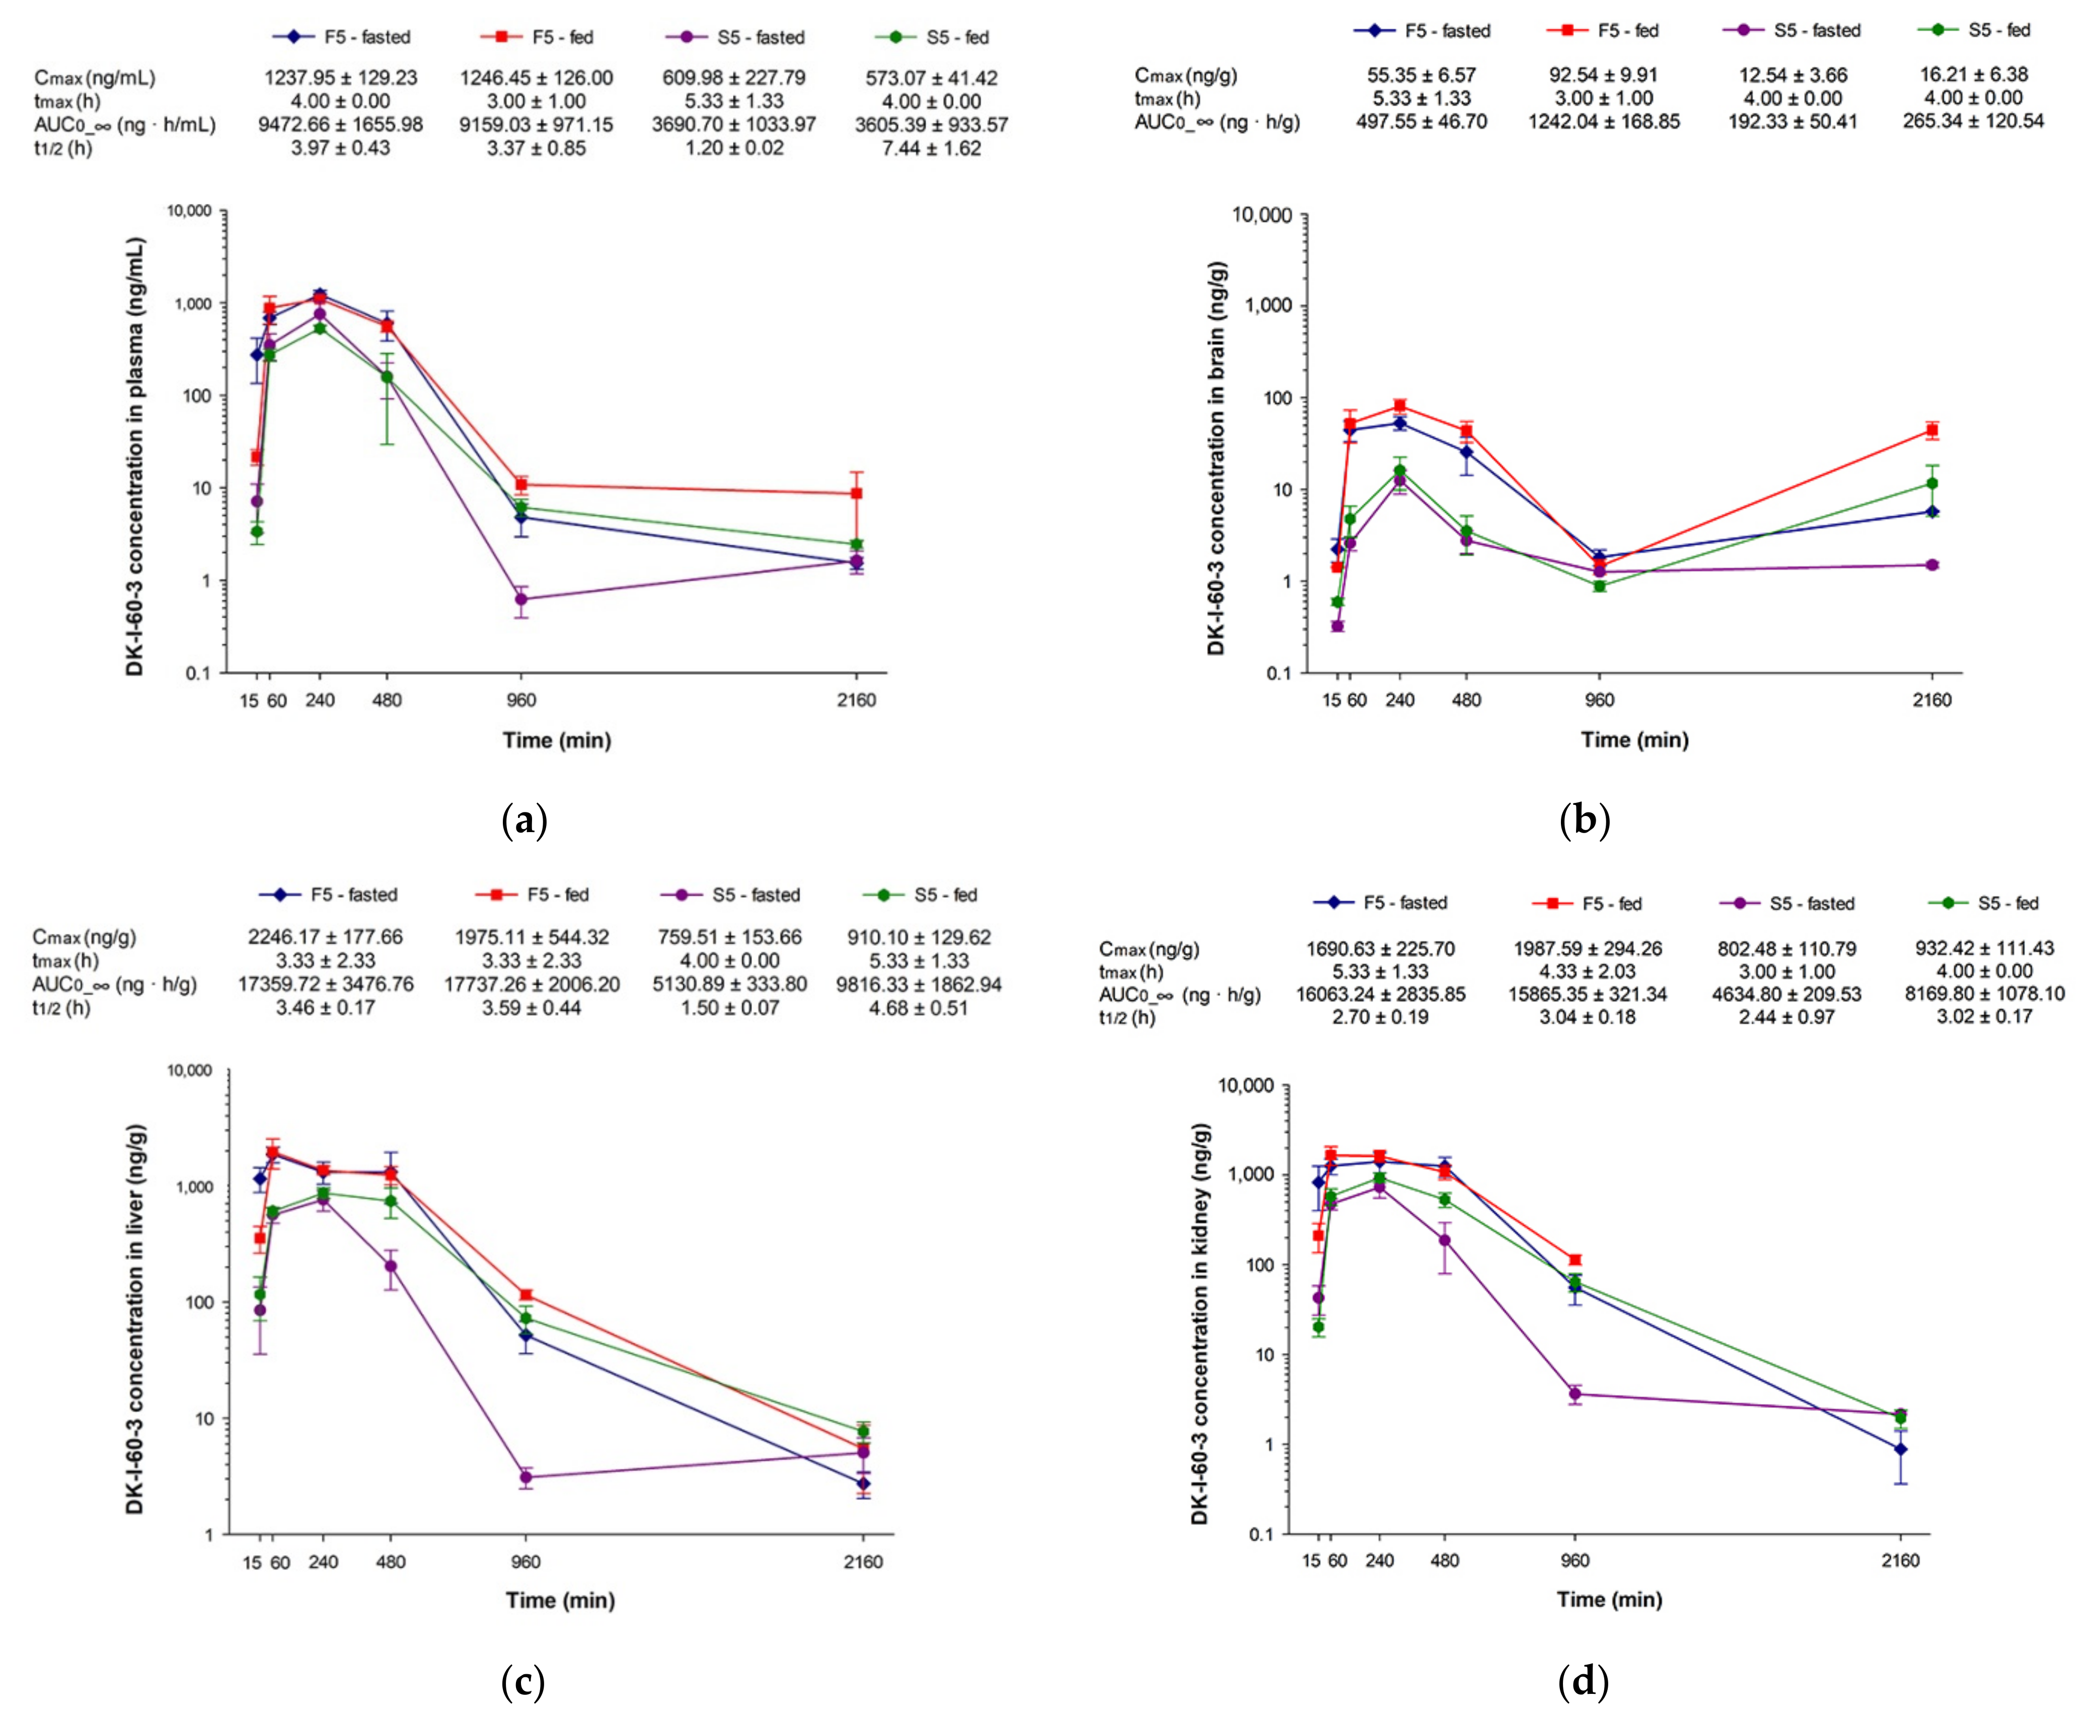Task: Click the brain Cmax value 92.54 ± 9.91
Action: tap(1604, 75)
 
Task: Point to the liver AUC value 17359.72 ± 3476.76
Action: tap(326, 984)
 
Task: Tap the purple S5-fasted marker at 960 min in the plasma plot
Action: tap(521, 599)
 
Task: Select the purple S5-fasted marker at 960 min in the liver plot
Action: tap(526, 1477)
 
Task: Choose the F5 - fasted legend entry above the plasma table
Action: tap(341, 37)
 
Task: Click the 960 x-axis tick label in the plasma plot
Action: tap(521, 701)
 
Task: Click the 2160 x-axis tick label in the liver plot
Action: tap(863, 1562)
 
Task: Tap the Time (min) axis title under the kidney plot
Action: tap(1609, 1600)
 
